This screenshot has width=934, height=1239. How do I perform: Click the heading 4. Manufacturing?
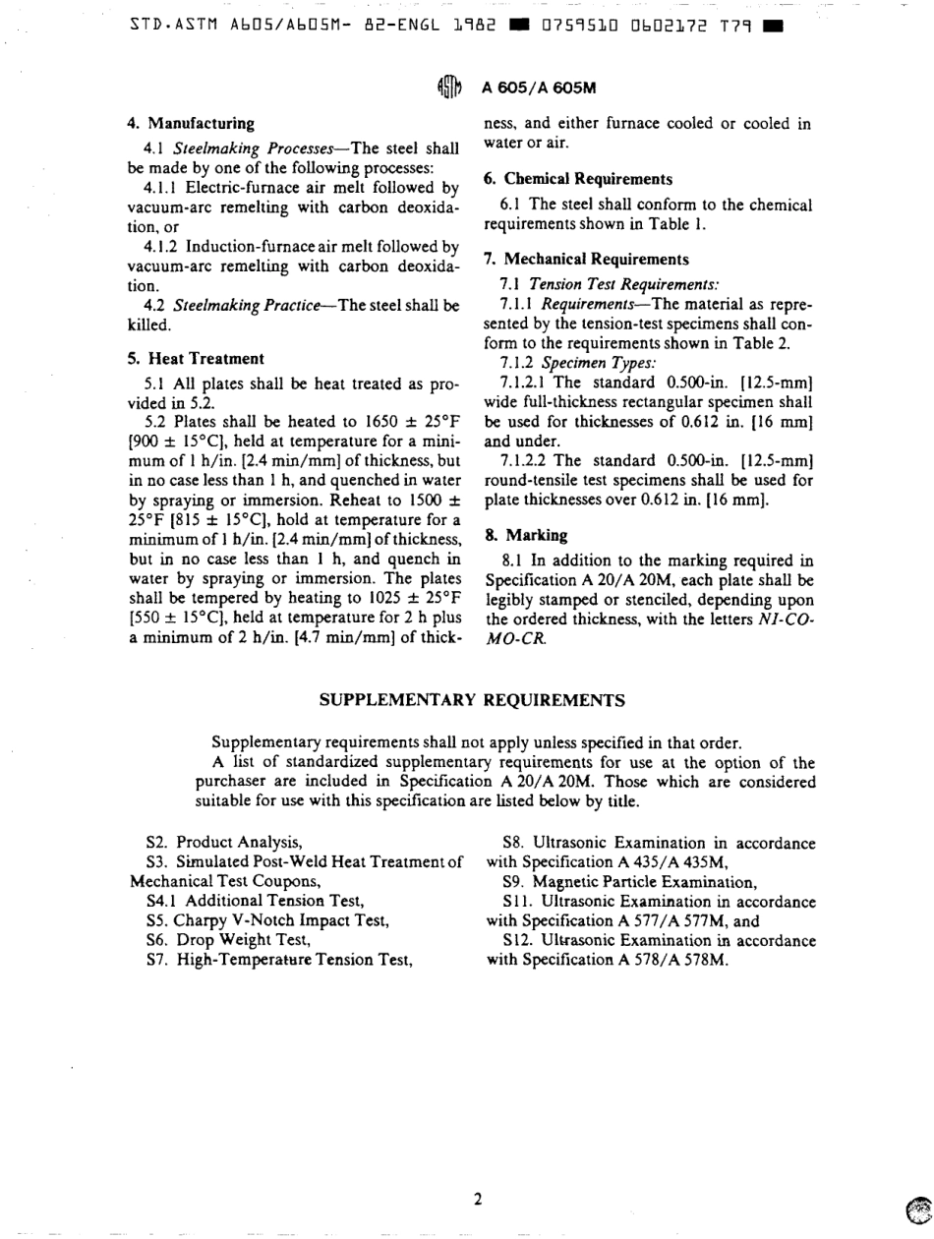tap(192, 124)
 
